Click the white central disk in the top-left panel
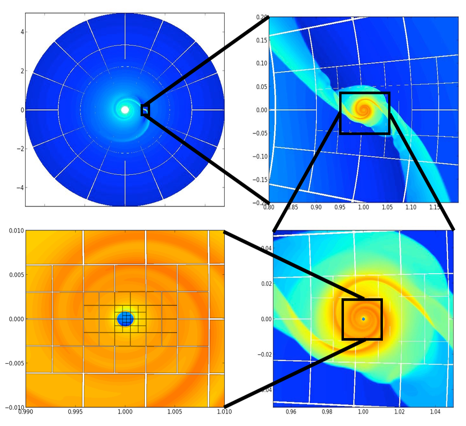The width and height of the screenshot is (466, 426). coord(125,110)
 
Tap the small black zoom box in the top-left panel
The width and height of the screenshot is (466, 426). coord(145,110)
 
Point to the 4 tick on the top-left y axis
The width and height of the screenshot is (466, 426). coord(26,32)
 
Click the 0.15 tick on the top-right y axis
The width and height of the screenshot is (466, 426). coord(269,40)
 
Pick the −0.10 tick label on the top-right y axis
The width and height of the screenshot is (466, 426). coord(260,156)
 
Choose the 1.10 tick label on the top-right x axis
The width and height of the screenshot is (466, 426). coord(410,208)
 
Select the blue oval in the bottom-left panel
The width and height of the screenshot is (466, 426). coord(125,319)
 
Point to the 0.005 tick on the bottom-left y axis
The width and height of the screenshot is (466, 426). coord(26,275)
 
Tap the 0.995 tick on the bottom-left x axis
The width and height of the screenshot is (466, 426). coord(75,407)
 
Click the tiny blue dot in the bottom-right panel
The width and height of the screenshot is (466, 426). coord(363,319)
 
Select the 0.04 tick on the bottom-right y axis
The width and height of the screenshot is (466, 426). coord(273,248)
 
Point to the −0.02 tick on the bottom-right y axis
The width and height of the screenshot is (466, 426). coord(273,354)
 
